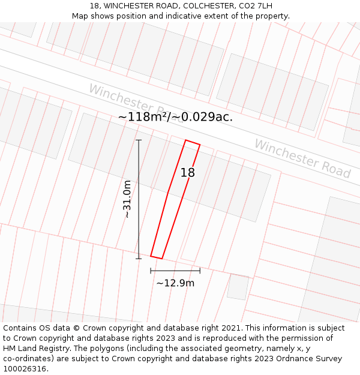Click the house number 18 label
pyautogui.click(x=188, y=173)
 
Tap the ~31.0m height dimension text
pyautogui.click(x=127, y=199)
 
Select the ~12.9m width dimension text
pyautogui.click(x=175, y=283)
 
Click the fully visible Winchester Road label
pyautogui.click(x=302, y=158)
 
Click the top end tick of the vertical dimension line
pyautogui.click(x=139, y=140)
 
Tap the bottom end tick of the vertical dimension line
pyautogui.click(x=139, y=259)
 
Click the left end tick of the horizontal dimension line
pyautogui.click(x=151, y=271)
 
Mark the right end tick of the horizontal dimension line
pyautogui.click(x=200, y=271)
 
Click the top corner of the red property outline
pyautogui.click(x=186, y=140)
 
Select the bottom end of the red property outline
pyautogui.click(x=156, y=257)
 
